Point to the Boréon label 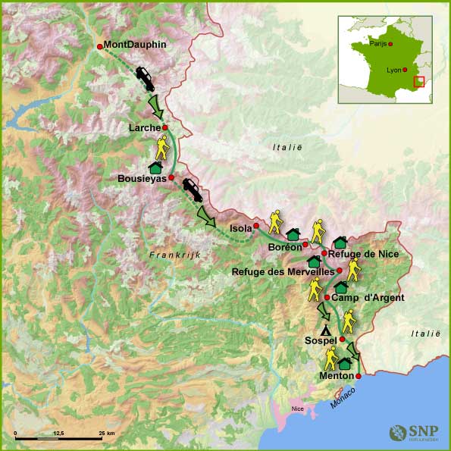[284, 247]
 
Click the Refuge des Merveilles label [282, 271]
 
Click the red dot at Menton [359, 375]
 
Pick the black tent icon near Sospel [326, 330]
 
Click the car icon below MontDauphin [146, 77]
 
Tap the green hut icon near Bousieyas [155, 166]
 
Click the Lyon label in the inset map [393, 70]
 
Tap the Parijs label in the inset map [377, 44]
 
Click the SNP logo [413, 433]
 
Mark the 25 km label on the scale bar [105, 432]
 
